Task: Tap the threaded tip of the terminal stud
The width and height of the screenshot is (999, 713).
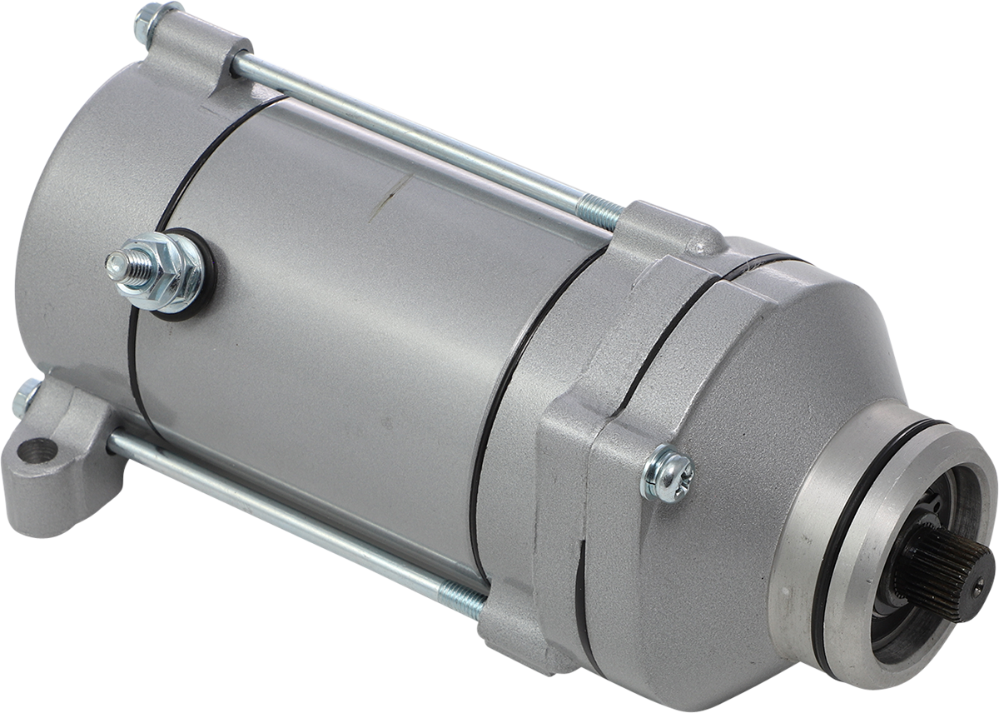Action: [117, 266]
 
